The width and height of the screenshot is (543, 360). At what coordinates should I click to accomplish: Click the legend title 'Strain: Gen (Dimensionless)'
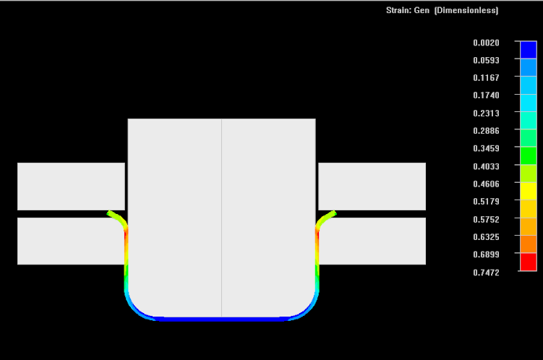point(442,10)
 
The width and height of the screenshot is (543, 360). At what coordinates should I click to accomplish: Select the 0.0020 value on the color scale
point(486,43)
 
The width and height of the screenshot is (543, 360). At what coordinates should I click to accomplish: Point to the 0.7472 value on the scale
point(486,273)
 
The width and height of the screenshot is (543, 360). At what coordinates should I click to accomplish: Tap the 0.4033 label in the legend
point(486,166)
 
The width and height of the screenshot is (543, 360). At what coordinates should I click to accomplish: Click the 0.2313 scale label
point(486,113)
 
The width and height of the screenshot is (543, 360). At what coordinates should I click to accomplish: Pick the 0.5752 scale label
point(486,220)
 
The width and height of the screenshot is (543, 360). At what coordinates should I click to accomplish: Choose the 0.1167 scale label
point(486,78)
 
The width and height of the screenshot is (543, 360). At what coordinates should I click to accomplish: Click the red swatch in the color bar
point(528,262)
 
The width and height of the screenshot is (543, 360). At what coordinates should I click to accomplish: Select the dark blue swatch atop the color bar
point(528,49)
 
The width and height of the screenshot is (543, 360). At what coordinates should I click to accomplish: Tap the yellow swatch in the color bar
point(528,191)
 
